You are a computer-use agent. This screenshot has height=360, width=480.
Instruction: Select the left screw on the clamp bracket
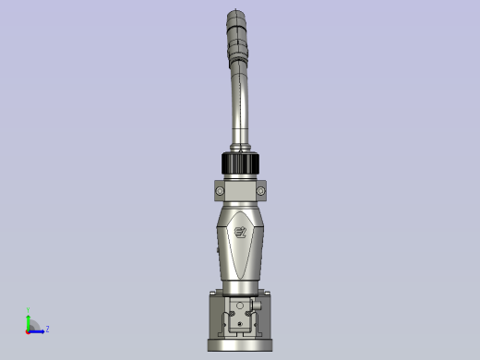point(220,191)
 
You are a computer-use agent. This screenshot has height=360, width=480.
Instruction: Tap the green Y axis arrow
point(29,318)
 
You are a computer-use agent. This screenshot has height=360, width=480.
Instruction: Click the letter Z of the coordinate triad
point(47,329)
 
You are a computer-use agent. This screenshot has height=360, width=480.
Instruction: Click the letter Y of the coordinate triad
point(29,311)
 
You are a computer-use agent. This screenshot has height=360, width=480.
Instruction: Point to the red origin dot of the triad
point(29,330)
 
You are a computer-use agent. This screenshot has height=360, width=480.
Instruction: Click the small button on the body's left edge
point(218,248)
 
